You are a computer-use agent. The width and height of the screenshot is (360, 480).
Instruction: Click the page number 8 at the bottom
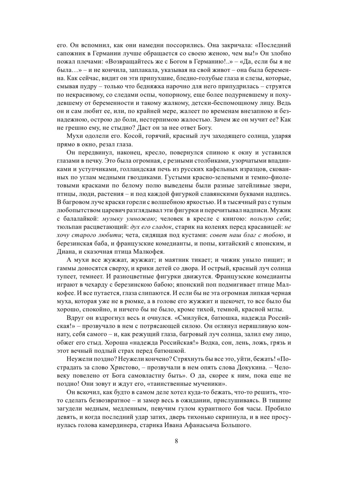pyautogui.click(x=176, y=441)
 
